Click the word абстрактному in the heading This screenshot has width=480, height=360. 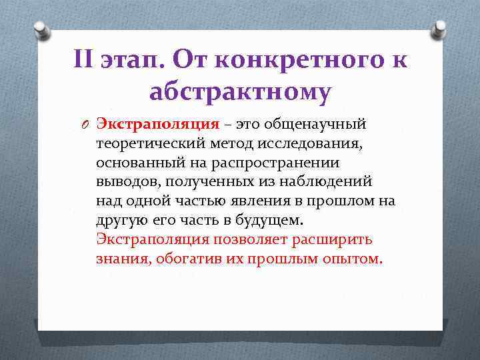240,93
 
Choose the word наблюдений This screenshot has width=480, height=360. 333,181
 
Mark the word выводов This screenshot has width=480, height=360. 127,181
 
